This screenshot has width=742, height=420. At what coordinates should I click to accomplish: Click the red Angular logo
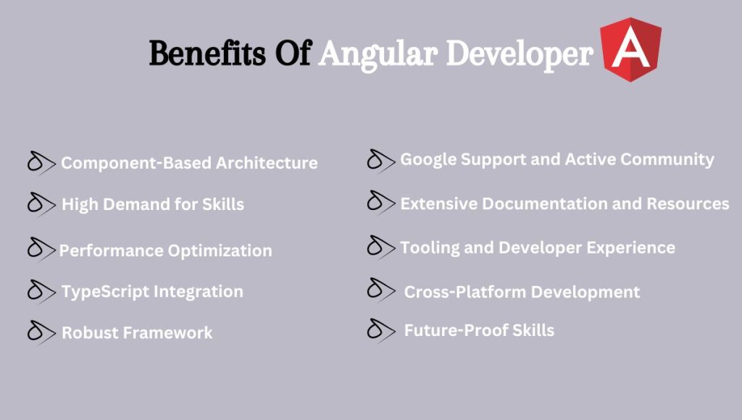pos(630,49)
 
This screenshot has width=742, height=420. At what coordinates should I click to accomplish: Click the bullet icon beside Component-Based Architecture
pos(41,164)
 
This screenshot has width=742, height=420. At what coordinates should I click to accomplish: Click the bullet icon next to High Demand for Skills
pos(41,204)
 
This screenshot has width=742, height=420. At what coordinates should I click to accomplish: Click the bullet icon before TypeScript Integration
pos(41,291)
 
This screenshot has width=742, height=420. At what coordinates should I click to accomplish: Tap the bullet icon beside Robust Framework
pos(41,332)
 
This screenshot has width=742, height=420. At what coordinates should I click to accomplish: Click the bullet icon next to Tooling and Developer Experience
pos(380,247)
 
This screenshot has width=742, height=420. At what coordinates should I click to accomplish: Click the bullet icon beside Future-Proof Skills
pos(380,330)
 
